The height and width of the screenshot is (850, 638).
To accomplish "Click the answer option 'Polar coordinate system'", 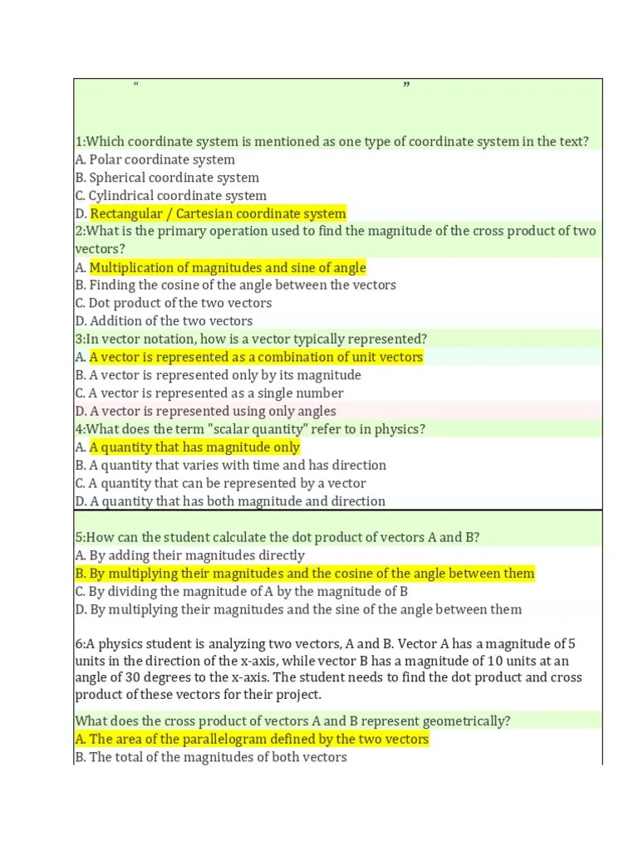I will [x=162, y=159].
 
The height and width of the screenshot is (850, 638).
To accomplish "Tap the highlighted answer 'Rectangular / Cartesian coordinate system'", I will [x=218, y=214].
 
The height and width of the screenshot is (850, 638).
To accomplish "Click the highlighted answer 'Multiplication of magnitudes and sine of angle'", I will [x=228, y=267].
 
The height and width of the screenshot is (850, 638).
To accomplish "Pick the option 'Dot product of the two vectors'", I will [x=180, y=303].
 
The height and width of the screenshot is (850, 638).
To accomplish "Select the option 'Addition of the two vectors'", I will [x=171, y=321].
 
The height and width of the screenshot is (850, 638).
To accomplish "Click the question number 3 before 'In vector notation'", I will [x=78, y=339].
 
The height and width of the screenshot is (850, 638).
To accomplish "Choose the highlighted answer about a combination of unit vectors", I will [x=256, y=357].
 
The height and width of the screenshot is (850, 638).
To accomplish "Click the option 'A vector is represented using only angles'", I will [x=213, y=412].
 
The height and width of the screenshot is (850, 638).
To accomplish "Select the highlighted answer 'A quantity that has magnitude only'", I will [x=194, y=447].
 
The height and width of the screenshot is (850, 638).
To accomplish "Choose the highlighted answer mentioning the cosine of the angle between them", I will [x=312, y=574].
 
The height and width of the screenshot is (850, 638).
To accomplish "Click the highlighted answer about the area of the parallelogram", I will [x=258, y=740].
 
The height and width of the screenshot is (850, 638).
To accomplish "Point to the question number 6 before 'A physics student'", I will [x=78, y=643].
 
